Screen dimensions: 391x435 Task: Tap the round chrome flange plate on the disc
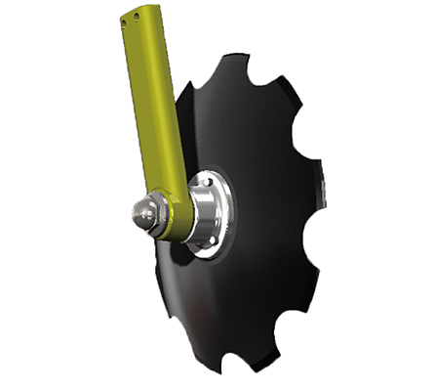[218, 210]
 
